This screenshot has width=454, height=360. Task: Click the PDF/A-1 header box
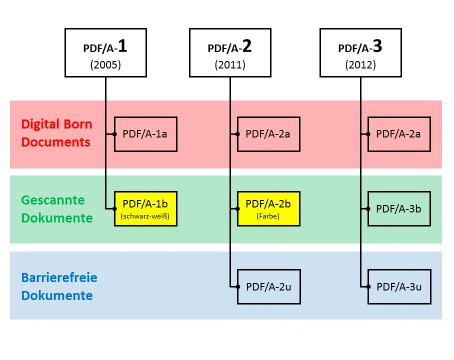pyautogui.click(x=105, y=52)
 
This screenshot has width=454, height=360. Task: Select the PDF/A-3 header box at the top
pyautogui.click(x=361, y=52)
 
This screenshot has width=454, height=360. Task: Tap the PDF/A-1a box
pyautogui.click(x=145, y=134)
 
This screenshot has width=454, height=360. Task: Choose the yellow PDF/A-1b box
pyautogui.click(x=145, y=209)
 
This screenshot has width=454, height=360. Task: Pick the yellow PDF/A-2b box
pyautogui.click(x=268, y=209)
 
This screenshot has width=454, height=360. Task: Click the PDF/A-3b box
pyautogui.click(x=399, y=209)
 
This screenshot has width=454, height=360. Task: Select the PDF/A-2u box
pyautogui.click(x=269, y=286)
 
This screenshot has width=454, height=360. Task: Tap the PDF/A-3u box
pyautogui.click(x=399, y=286)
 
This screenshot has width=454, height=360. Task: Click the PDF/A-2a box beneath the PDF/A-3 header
pyautogui.click(x=399, y=134)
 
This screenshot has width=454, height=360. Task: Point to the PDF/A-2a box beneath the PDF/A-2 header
pyautogui.click(x=268, y=134)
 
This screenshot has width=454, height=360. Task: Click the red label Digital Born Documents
pyautogui.click(x=57, y=133)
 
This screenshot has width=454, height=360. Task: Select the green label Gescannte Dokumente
pyautogui.click(x=57, y=209)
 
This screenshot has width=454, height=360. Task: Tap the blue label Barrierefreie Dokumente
pyautogui.click(x=59, y=286)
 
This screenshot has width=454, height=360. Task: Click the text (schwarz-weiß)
pyautogui.click(x=145, y=216)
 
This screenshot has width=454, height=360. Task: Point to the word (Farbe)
pyautogui.click(x=268, y=216)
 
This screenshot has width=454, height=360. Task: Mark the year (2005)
pyautogui.click(x=105, y=64)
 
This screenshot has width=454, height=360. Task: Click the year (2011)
pyautogui.click(x=230, y=64)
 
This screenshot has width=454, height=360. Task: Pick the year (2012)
pyautogui.click(x=361, y=64)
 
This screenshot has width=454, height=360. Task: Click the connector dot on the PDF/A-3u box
pyautogui.click(x=368, y=286)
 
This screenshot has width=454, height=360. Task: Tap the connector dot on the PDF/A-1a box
pyautogui.click(x=114, y=134)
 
